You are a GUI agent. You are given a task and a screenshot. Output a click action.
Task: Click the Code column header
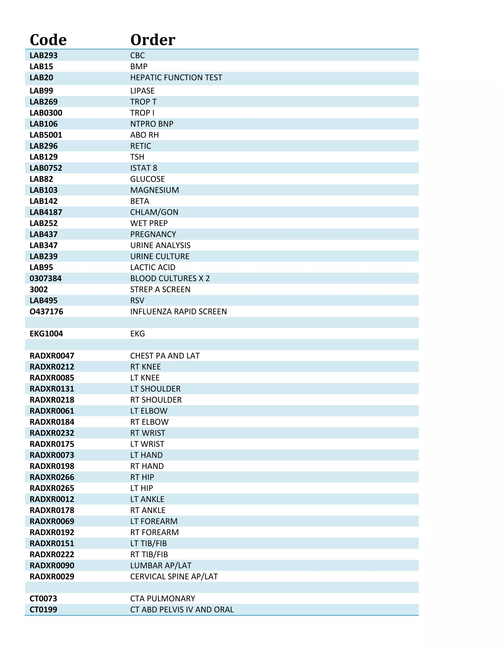click(x=48, y=40)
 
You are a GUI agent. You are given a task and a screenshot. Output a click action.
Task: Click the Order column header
click(x=153, y=40)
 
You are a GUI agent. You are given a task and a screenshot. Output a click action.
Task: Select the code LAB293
click(x=43, y=56)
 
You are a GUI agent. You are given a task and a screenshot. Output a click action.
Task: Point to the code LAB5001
click(x=46, y=135)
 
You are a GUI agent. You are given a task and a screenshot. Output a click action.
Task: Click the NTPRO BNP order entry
click(x=152, y=124)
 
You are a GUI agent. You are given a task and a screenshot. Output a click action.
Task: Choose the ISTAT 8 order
click(x=144, y=168)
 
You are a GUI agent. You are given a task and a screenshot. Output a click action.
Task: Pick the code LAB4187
click(x=46, y=212)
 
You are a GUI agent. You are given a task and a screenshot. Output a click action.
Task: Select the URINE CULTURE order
click(x=160, y=256)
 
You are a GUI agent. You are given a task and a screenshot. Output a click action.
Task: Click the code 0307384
click(x=46, y=278)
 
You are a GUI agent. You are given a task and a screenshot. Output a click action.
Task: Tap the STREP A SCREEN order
click(x=160, y=289)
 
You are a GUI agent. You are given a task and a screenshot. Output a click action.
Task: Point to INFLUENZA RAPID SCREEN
click(x=179, y=311)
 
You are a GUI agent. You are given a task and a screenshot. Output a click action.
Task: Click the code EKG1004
click(x=46, y=334)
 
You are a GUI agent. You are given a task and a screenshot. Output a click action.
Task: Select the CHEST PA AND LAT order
click(x=165, y=356)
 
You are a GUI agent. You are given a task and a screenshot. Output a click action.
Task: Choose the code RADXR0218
click(x=52, y=400)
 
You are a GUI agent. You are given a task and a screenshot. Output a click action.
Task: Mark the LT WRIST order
click(x=147, y=444)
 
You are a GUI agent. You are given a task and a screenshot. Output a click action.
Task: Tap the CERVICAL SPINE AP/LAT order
click(x=174, y=577)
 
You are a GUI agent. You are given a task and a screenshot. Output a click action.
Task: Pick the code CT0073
click(x=43, y=598)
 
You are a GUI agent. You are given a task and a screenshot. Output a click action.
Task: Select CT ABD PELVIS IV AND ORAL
click(x=182, y=609)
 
